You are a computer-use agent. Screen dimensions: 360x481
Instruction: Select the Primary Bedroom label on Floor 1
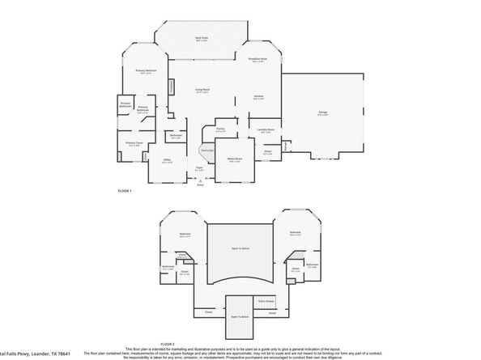144,71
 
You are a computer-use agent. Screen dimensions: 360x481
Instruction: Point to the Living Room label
202,90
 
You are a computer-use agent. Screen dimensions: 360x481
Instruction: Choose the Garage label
323,114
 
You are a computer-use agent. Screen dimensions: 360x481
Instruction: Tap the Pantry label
220,128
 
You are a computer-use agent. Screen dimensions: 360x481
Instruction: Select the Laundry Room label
266,129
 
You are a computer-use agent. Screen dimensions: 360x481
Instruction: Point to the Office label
166,160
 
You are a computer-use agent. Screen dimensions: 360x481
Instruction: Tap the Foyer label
199,168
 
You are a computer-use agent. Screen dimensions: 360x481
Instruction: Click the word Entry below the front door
201,184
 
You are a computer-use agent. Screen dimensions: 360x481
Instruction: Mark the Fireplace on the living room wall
171,87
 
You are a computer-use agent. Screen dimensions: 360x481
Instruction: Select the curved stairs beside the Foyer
206,150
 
